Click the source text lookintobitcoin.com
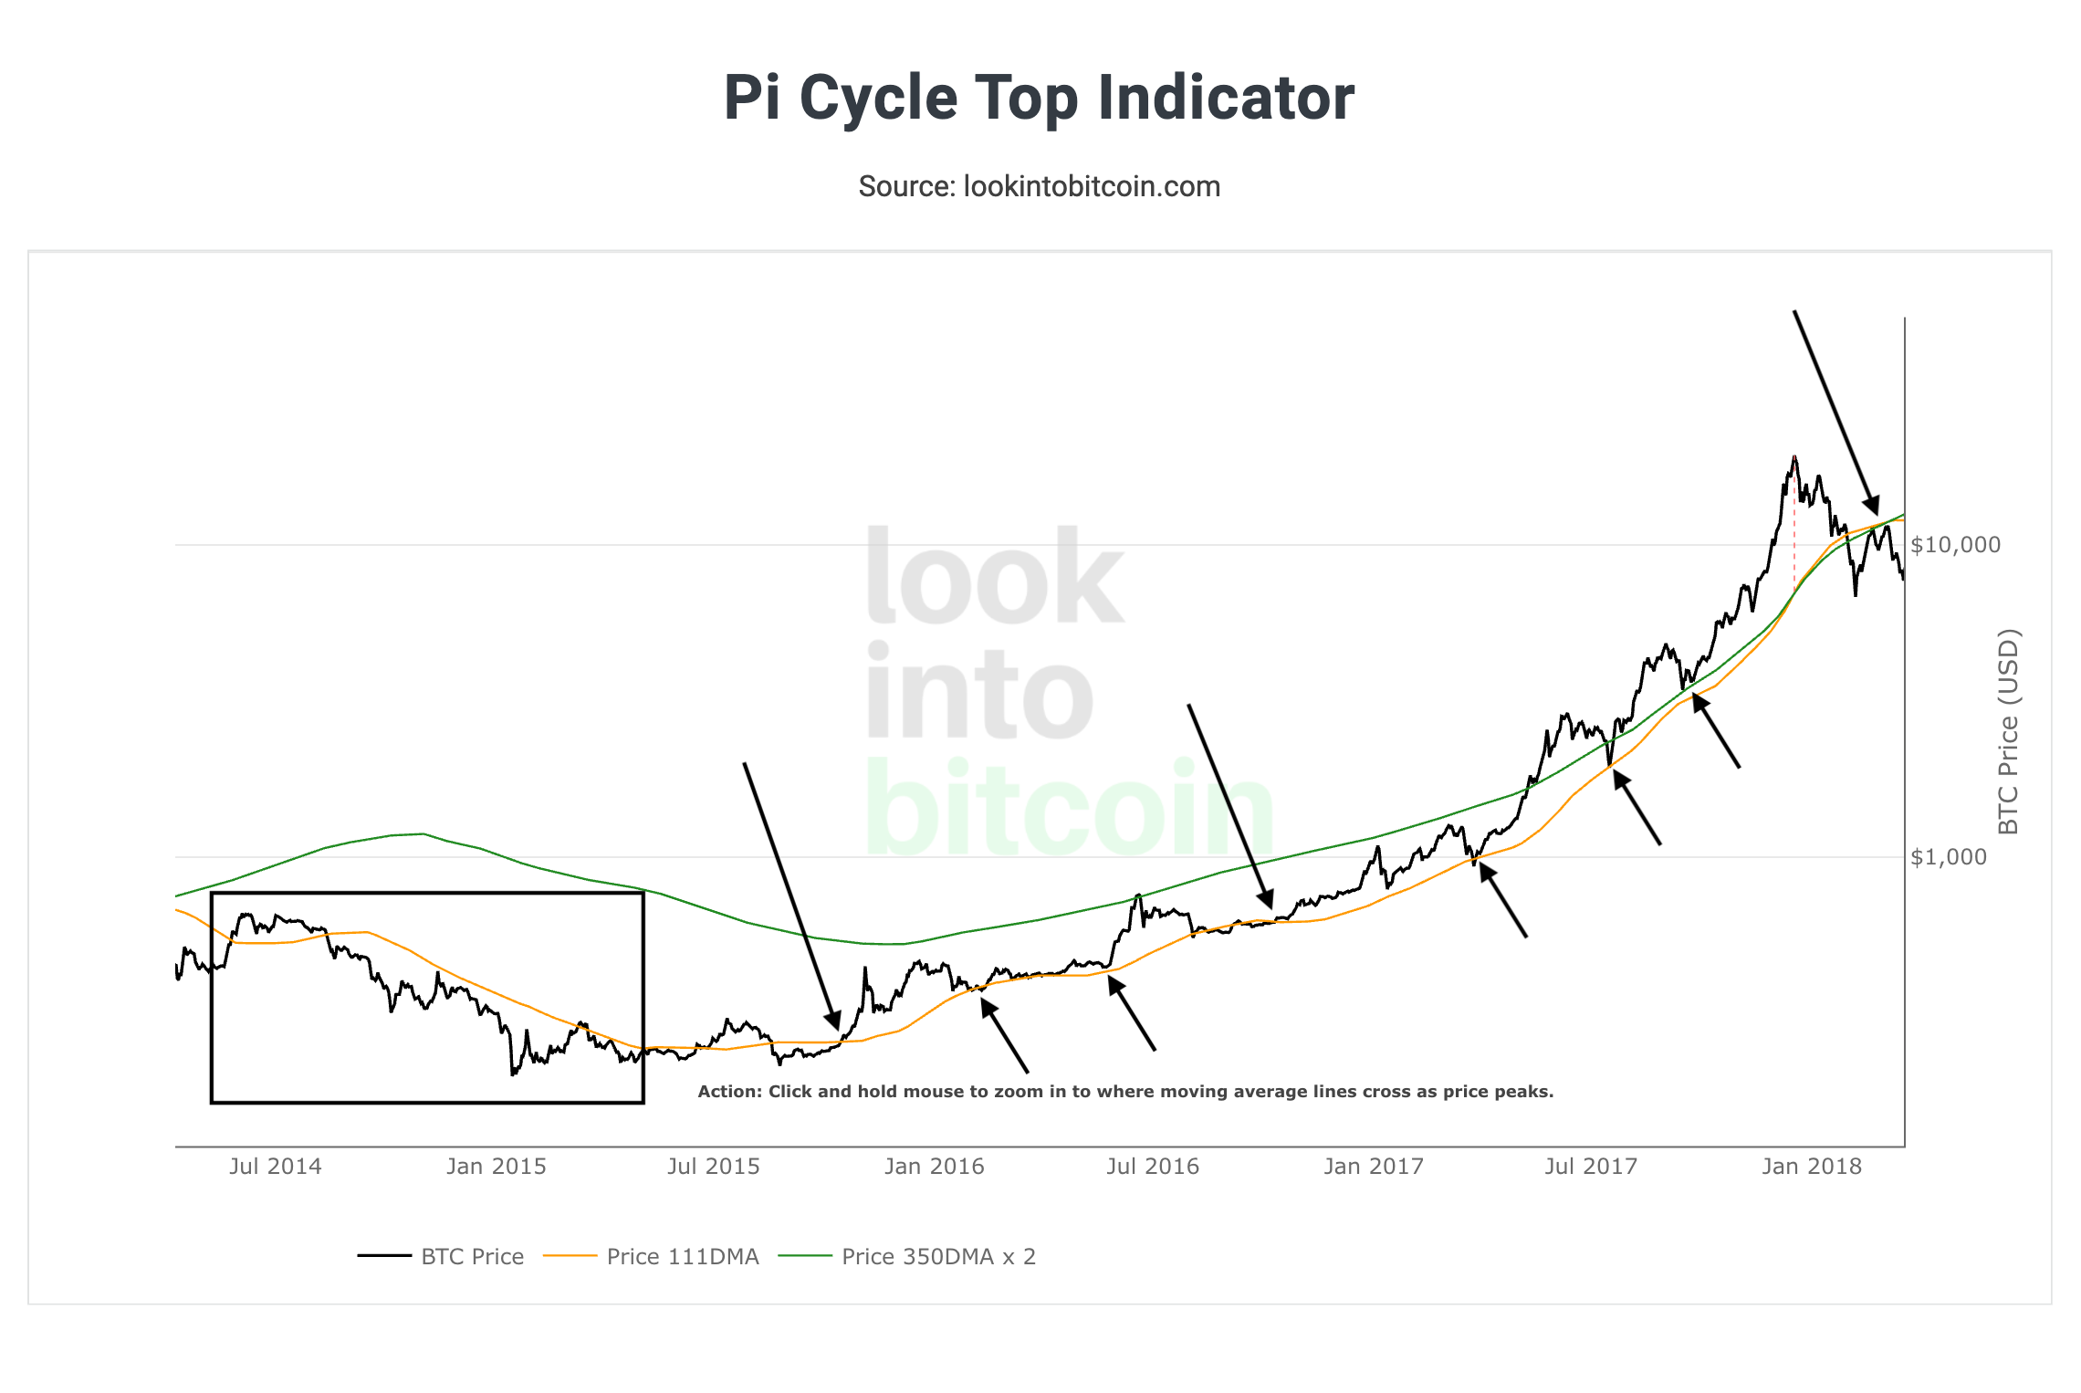coord(1039,186)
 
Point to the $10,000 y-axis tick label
coord(1955,545)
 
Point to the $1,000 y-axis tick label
coord(1948,857)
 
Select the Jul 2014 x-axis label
coord(275,1167)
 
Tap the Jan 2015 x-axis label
coord(496,1167)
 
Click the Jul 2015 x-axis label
coord(713,1167)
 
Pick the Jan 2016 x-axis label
coord(934,1167)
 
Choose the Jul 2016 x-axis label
coord(1152,1167)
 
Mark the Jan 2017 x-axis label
coord(1373,1167)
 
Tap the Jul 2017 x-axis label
coord(1591,1167)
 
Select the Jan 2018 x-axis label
coord(1811,1167)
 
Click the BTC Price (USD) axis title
coord(2008,731)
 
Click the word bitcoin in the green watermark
coord(1068,809)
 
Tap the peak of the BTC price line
coord(1794,456)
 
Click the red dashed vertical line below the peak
coord(1794,539)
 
